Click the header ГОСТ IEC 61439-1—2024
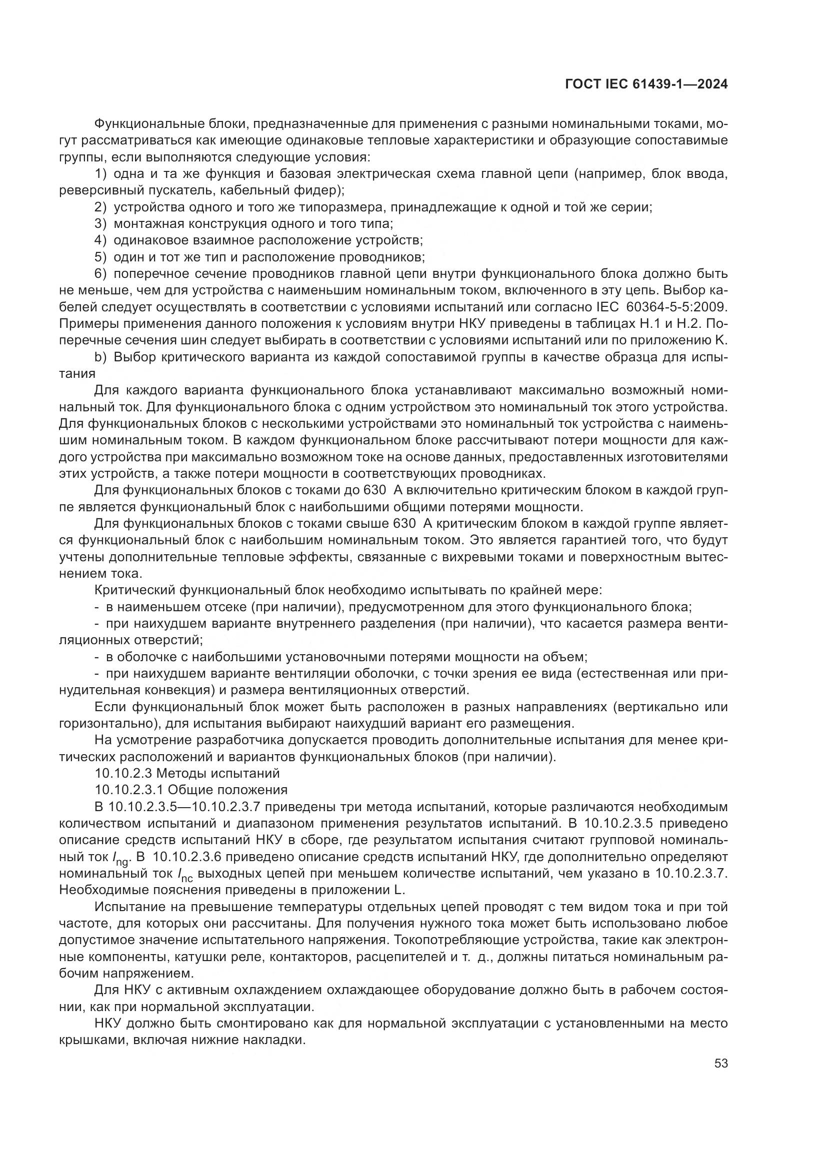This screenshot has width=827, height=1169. point(646,84)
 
